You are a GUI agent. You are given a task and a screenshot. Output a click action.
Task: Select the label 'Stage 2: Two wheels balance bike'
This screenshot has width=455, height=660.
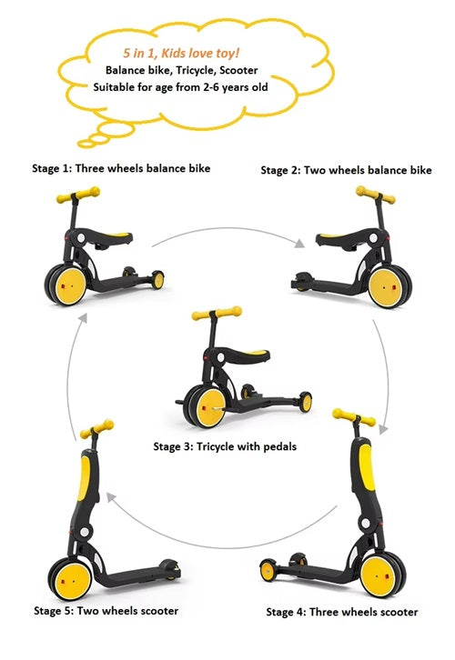(347, 170)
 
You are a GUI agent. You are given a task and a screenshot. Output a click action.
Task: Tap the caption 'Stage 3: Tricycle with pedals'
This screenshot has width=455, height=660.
(225, 446)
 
